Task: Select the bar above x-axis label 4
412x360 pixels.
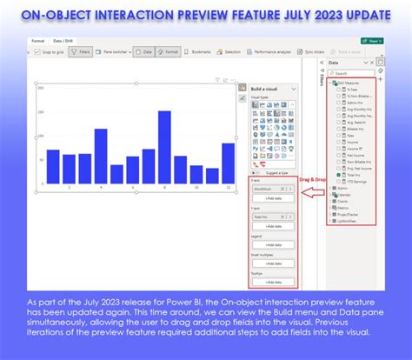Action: (x=101, y=156)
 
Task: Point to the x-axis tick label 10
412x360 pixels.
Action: (x=196, y=187)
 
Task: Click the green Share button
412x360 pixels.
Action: (x=374, y=41)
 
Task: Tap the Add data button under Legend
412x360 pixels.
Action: (x=273, y=244)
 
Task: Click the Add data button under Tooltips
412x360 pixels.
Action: (x=273, y=283)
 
